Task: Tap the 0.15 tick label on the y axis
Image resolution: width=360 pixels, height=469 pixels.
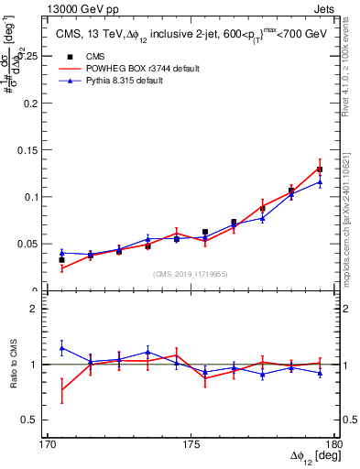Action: tap(26, 149)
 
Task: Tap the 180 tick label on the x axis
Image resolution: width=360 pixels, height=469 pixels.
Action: tap(334, 444)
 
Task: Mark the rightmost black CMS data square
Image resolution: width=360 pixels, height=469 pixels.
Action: tap(320, 169)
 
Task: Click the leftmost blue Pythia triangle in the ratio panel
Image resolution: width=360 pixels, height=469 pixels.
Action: tap(61, 348)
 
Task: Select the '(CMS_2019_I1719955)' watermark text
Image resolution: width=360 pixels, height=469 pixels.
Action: tap(191, 273)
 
